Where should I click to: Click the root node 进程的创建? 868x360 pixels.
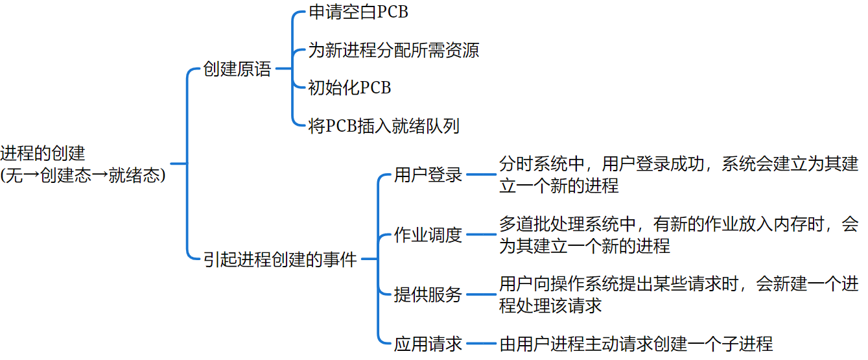pyautogui.click(x=43, y=154)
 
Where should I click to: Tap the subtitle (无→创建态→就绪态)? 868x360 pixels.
pyautogui.click(x=83, y=176)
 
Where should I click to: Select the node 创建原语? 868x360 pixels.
pyautogui.click(x=237, y=69)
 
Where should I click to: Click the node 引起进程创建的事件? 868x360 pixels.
pyautogui.click(x=281, y=259)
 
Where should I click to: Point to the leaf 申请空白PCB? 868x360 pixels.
pyautogui.click(x=358, y=12)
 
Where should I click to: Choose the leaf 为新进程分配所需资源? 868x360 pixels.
pyautogui.click(x=393, y=50)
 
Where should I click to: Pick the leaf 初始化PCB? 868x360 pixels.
pyautogui.click(x=349, y=88)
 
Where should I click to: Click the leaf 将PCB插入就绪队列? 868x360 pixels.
pyautogui.click(x=384, y=126)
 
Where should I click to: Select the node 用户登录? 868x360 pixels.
pyautogui.click(x=428, y=174)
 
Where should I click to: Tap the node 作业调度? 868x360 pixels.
pyautogui.click(x=428, y=235)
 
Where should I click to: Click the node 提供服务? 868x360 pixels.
pyautogui.click(x=428, y=295)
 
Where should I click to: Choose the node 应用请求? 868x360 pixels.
pyautogui.click(x=428, y=344)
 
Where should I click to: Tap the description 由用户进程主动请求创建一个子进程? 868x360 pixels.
pyautogui.click(x=636, y=344)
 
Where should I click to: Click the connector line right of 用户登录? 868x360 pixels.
pyautogui.click(x=480, y=174)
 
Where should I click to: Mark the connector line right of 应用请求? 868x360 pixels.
pyautogui.click(x=480, y=344)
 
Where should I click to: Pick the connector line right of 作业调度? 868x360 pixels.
pyautogui.click(x=480, y=235)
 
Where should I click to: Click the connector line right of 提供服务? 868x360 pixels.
pyautogui.click(x=480, y=295)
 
